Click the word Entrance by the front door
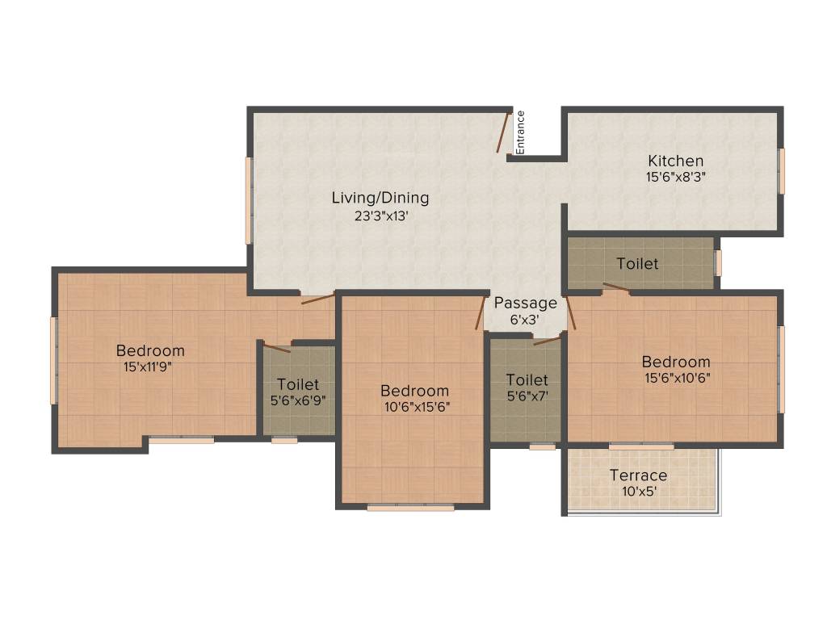click(x=521, y=132)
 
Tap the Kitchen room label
click(x=675, y=161)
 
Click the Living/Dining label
click(x=380, y=198)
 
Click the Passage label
click(x=525, y=304)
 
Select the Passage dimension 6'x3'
click(x=525, y=319)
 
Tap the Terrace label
click(x=638, y=475)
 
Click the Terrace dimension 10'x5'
click(x=638, y=491)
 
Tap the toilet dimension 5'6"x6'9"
click(x=298, y=399)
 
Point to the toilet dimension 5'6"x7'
click(x=527, y=396)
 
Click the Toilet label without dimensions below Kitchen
click(x=637, y=264)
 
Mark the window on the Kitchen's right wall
click(x=781, y=171)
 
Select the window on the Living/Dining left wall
click(x=249, y=200)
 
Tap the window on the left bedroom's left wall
click(x=54, y=360)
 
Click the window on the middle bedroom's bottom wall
click(x=410, y=508)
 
